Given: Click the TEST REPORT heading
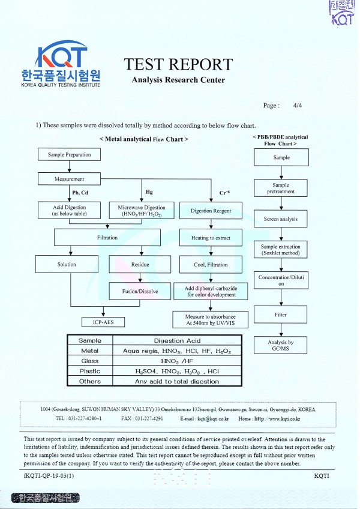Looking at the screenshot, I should tap(178, 64).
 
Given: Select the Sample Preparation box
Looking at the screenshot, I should tap(69, 155).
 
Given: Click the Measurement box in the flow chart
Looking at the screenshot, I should tap(70, 179).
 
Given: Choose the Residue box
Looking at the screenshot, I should tap(140, 264).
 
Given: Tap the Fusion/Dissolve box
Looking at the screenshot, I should tap(140, 291).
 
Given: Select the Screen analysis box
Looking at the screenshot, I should tap(281, 219).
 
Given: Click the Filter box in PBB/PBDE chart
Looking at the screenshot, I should tap(281, 315).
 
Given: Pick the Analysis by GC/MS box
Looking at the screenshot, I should tap(281, 345).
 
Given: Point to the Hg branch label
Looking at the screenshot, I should tap(149, 192).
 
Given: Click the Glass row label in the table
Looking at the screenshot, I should tap(89, 361).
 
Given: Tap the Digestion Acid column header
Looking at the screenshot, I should tap(177, 340).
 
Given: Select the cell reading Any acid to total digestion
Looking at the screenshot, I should tap(177, 382).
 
